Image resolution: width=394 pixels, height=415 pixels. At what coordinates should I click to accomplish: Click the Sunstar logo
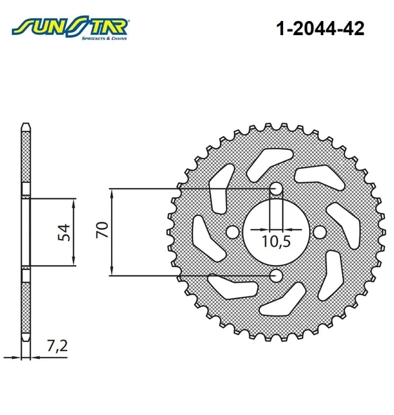tap(70, 27)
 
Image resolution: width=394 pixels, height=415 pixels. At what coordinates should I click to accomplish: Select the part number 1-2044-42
tap(320, 28)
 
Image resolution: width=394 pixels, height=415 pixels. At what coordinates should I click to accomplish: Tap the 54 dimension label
tap(64, 233)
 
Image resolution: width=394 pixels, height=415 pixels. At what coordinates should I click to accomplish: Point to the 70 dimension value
tap(103, 229)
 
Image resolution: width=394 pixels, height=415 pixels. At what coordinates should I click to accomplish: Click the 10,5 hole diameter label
tap(276, 241)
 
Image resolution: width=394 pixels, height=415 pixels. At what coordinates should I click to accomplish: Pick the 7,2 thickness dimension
tap(58, 346)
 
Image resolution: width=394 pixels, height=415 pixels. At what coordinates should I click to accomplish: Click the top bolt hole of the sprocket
tap(276, 189)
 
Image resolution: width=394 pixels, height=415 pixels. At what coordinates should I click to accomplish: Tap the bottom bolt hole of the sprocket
tap(276, 276)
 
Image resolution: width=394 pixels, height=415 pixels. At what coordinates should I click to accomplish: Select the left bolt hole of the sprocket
tap(232, 232)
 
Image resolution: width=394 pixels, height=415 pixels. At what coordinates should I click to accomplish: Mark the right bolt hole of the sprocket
tap(320, 232)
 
